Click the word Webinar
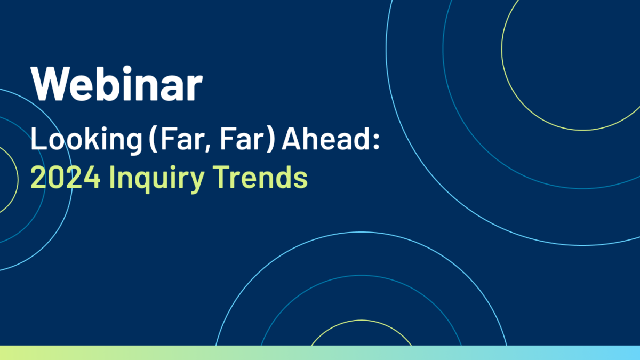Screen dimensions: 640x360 [117, 83]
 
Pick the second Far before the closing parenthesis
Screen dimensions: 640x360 [241, 139]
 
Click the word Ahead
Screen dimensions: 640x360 [326, 139]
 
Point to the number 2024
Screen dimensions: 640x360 [66, 177]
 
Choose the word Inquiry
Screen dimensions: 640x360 [157, 179]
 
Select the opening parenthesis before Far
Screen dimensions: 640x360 [154, 139]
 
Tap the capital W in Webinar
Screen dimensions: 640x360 [51, 84]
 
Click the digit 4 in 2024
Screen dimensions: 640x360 [92, 178]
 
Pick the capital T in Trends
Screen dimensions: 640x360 [222, 177]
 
